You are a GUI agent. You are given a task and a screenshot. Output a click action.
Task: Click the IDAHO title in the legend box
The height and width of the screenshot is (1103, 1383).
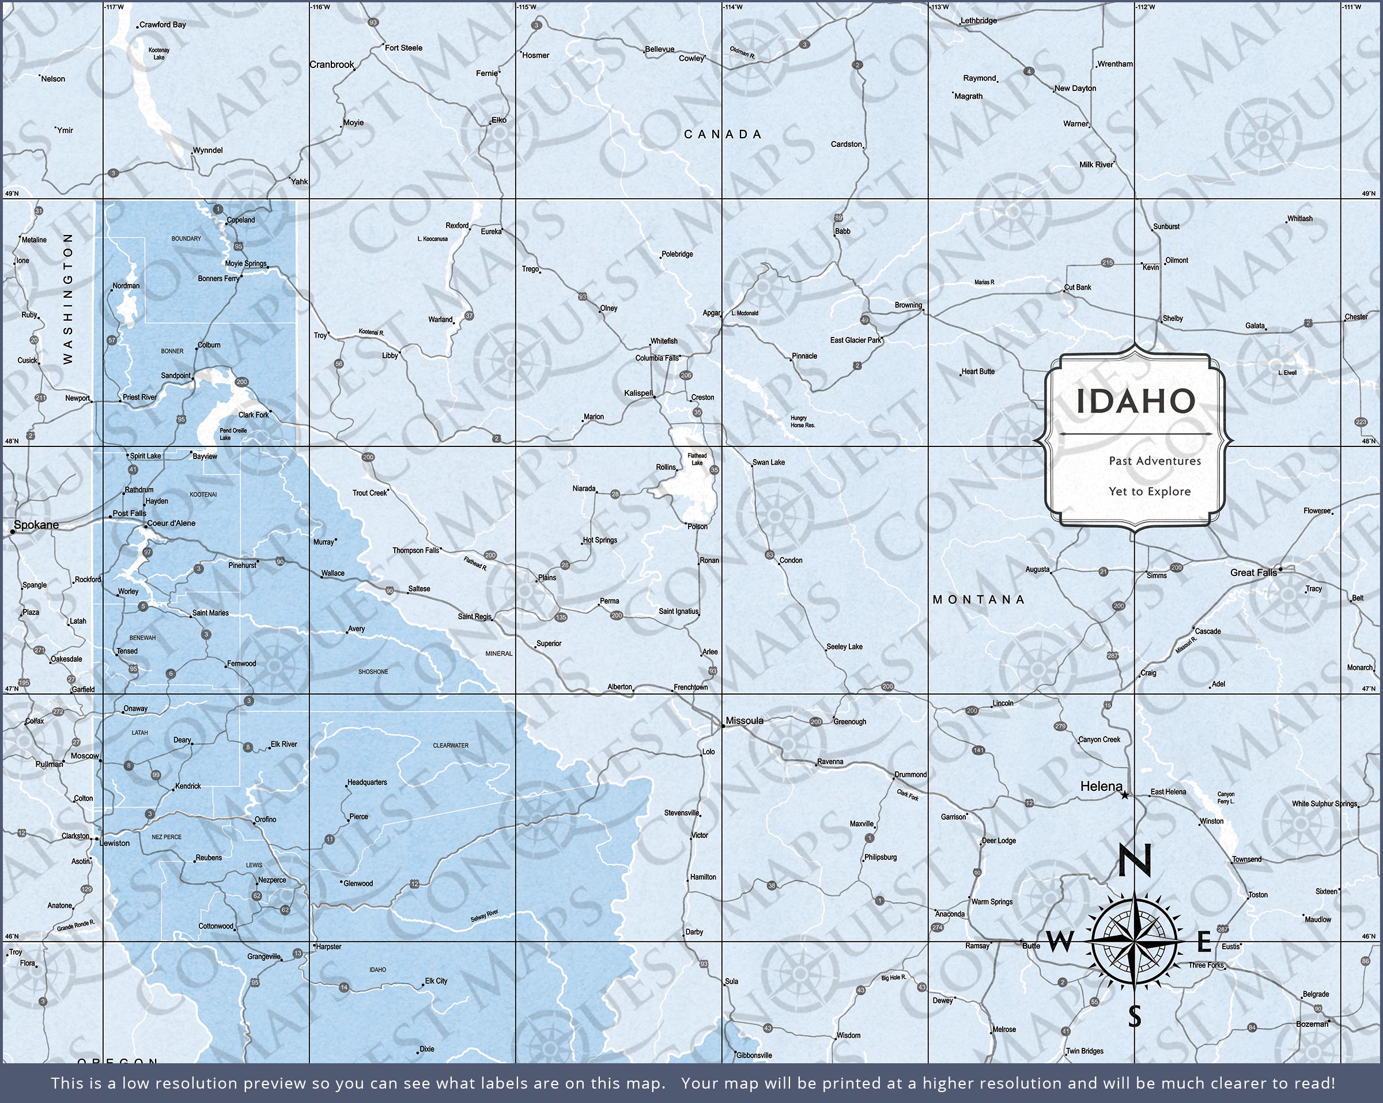(x=1135, y=401)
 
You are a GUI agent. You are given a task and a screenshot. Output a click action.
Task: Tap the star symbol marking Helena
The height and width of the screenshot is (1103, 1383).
(x=1124, y=795)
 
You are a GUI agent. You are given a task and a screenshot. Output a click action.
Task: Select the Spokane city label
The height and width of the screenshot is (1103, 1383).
(x=36, y=525)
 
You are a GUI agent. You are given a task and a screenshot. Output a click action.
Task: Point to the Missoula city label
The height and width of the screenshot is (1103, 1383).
(x=744, y=721)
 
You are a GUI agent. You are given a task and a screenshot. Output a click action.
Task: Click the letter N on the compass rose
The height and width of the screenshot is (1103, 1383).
(x=1135, y=861)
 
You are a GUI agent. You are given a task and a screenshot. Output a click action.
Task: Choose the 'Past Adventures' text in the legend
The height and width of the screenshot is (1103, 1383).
(x=1155, y=460)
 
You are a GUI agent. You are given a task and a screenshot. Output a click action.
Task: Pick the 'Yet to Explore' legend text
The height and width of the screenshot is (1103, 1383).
(x=1150, y=491)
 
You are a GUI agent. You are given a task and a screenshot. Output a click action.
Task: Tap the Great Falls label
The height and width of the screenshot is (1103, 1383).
(x=1253, y=572)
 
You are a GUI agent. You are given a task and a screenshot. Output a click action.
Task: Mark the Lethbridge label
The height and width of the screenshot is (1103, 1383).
(x=978, y=21)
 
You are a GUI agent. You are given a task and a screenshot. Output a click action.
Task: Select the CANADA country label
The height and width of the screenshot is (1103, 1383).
(x=723, y=134)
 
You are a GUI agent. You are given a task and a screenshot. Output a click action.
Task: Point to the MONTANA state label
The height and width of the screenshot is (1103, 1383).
(x=978, y=600)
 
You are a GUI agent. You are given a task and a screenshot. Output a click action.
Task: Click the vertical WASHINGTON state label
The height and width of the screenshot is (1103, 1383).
(x=68, y=298)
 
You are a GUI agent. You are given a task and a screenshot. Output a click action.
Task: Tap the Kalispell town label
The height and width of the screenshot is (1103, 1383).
(x=638, y=393)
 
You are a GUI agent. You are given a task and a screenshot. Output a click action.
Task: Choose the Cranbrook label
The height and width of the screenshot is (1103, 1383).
(x=332, y=65)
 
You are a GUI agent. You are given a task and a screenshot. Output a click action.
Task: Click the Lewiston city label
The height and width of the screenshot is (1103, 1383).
(x=115, y=843)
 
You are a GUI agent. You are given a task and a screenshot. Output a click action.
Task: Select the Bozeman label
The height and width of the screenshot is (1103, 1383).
(x=1312, y=1024)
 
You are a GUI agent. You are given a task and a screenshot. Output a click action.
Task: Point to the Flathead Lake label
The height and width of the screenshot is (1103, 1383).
(x=697, y=459)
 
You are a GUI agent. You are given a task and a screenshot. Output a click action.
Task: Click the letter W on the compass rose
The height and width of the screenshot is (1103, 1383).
(x=1060, y=942)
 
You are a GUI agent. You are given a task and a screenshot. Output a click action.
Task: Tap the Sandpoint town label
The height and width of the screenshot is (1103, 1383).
(x=175, y=376)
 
